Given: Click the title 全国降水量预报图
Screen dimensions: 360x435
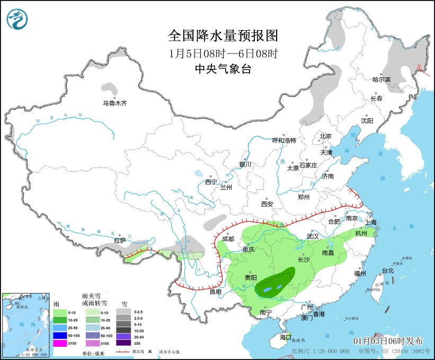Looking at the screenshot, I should [223, 36].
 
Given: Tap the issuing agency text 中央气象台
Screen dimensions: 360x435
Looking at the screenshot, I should [223, 68].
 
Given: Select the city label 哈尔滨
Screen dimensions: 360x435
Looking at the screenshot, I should [381, 80].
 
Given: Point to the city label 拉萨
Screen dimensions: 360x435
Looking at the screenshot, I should [120, 240].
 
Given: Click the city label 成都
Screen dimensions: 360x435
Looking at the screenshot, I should [228, 239].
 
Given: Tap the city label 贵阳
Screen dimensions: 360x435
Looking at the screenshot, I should [251, 277].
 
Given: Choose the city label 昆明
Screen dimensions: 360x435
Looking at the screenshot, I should [215, 292].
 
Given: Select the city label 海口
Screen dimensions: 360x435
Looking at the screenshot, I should [285, 337].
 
